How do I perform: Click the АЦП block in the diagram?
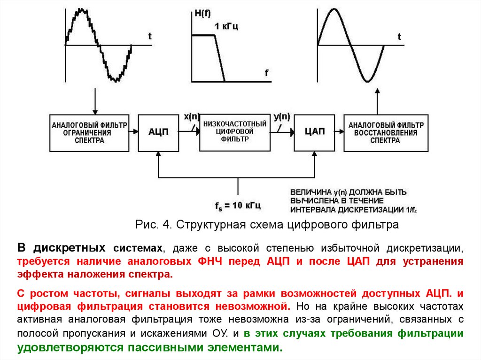(x=159, y=132)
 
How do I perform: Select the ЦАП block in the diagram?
(x=315, y=132)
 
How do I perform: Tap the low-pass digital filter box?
(x=235, y=132)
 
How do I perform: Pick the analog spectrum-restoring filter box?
(x=386, y=132)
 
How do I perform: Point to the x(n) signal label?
(x=191, y=116)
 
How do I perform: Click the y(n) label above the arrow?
(x=281, y=116)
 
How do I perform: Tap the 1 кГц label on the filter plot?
(x=226, y=26)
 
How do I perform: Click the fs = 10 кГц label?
(x=238, y=205)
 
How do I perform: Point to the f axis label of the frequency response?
(x=266, y=73)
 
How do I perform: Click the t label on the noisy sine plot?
(x=149, y=36)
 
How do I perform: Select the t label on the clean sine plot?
(x=399, y=36)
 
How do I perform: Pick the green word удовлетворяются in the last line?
(x=62, y=348)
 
